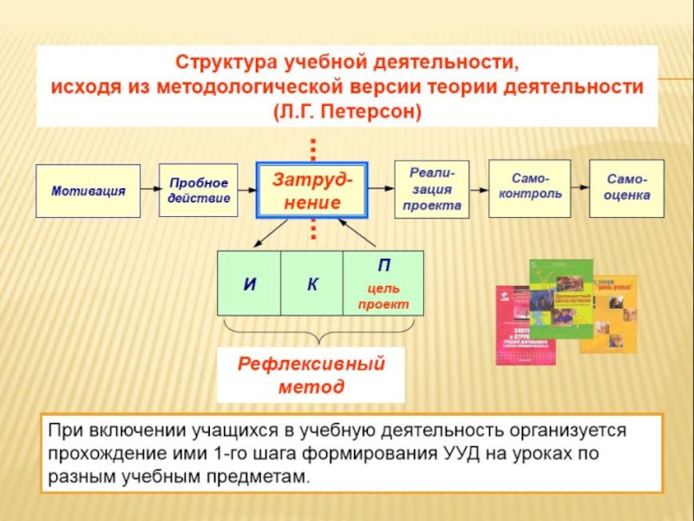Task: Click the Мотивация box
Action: [88, 190]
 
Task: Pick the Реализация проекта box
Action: [431, 190]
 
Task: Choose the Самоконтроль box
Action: [529, 188]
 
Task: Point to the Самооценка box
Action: [626, 188]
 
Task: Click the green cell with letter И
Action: [249, 283]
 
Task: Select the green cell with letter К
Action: [311, 283]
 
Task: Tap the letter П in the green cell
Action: [383, 264]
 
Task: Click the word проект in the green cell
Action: [383, 305]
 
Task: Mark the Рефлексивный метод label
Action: [311, 374]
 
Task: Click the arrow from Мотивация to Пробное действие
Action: [149, 190]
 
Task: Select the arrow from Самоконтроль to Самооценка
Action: [580, 188]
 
